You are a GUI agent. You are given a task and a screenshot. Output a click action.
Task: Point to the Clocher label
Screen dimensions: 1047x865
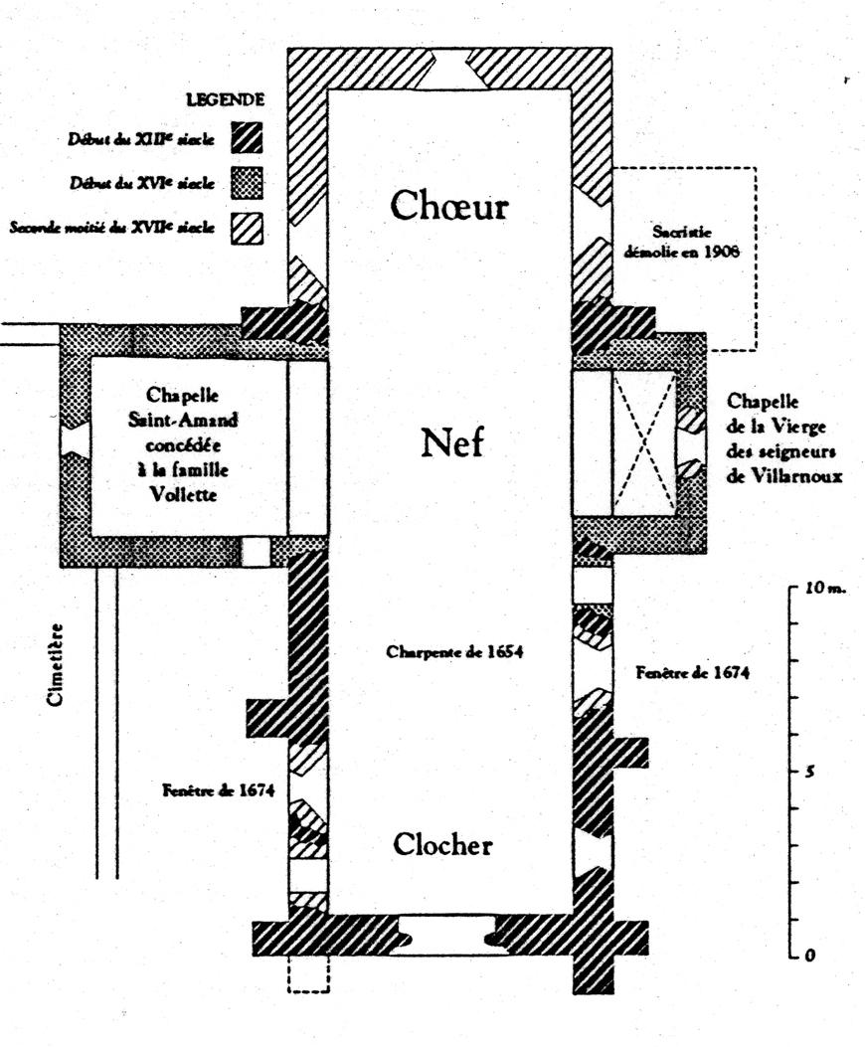coord(442,845)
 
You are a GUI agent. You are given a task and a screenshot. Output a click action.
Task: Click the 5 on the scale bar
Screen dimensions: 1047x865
coord(811,772)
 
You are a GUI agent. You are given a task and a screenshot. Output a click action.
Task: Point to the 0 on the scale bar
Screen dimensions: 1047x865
coord(811,955)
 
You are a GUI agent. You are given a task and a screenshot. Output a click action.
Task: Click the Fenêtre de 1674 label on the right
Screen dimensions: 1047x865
coord(693,673)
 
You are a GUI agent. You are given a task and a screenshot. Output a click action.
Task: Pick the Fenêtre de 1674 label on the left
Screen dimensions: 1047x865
coord(217,790)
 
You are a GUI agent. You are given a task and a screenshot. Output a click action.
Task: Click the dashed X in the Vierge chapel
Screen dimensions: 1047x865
coord(643,443)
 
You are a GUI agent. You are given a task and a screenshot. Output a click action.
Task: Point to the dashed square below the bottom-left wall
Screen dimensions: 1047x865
coord(307,973)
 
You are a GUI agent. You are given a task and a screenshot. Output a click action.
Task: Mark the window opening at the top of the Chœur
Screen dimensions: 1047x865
coord(448,70)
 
